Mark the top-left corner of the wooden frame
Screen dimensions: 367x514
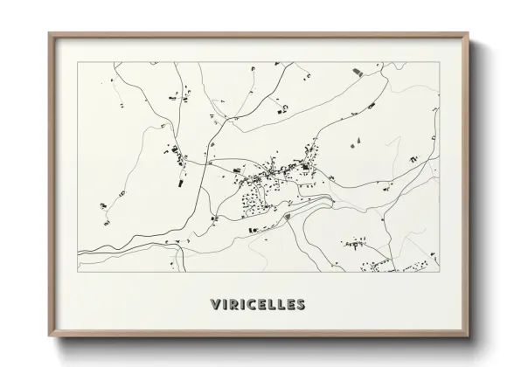click(49, 33)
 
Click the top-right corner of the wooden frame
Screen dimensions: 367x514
click(469, 33)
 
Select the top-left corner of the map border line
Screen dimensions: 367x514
click(78, 63)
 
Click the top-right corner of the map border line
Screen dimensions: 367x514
click(438, 63)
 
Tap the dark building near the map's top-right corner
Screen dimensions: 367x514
click(356, 70)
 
